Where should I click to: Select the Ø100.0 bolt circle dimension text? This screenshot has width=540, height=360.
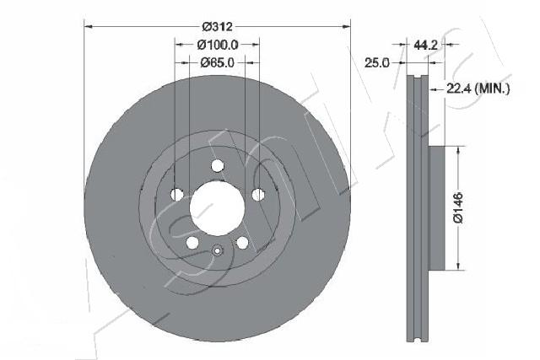[x=217, y=44]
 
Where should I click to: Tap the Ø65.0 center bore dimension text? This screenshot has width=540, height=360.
[x=217, y=62]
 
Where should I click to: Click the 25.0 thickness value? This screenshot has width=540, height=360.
[x=376, y=62]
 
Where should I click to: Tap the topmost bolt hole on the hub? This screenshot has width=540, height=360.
[x=217, y=165]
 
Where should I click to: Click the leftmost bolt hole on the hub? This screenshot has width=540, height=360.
[x=176, y=195]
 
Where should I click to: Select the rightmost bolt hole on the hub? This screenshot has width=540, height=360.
[x=257, y=195]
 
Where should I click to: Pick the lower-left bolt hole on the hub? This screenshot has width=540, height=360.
[x=192, y=243]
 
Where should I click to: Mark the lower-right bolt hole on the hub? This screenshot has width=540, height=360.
[x=242, y=243]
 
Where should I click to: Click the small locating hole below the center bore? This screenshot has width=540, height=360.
[x=217, y=250]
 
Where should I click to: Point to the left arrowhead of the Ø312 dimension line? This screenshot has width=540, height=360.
[x=89, y=27]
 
